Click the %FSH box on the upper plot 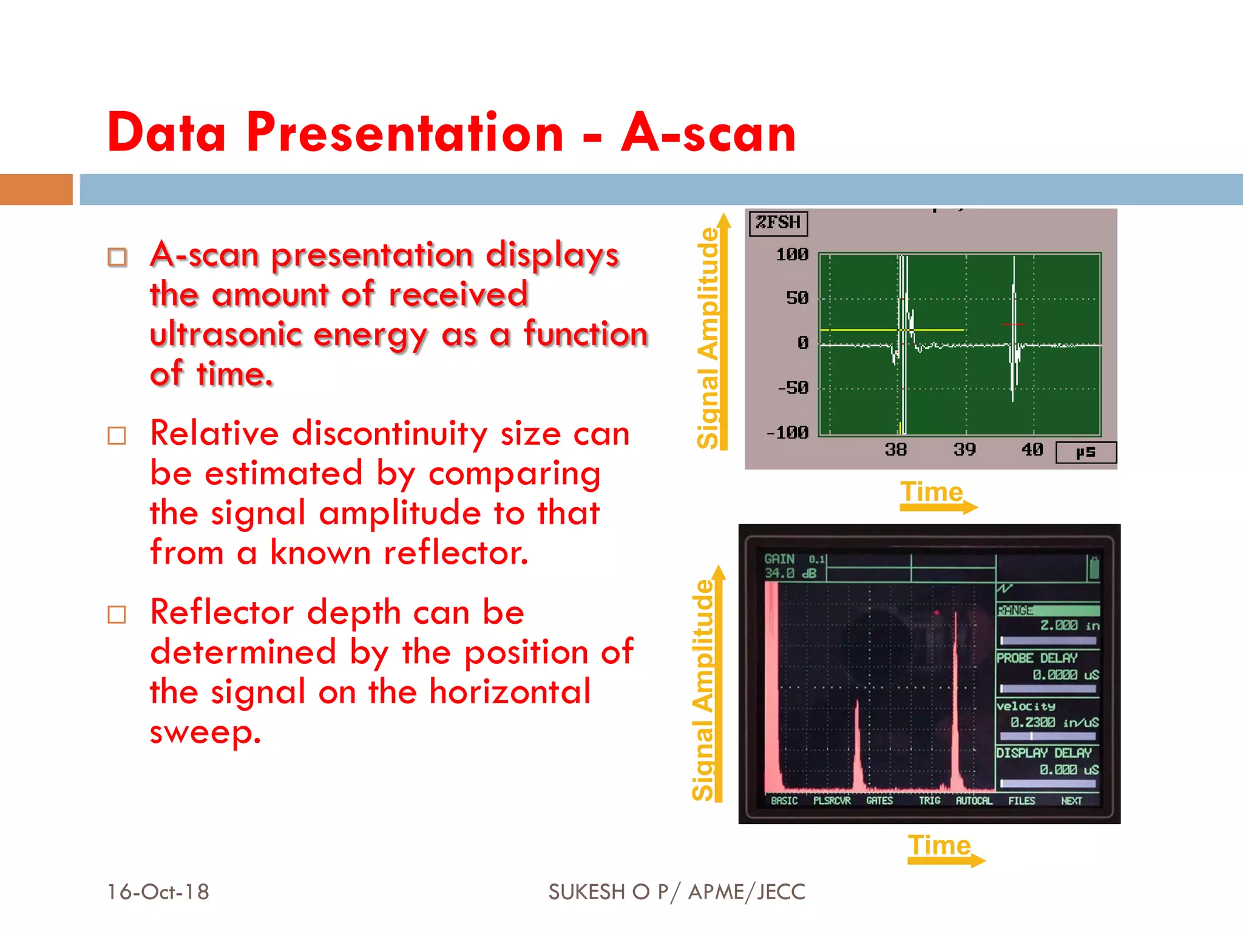(778, 223)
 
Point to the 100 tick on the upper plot (792, 255)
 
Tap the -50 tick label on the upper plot (793, 388)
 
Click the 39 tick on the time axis (964, 450)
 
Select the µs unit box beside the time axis (1086, 453)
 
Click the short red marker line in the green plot (1013, 325)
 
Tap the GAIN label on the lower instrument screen (779, 559)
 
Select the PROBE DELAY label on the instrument (1037, 658)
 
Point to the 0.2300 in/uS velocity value (1054, 723)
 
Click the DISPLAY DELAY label (1044, 753)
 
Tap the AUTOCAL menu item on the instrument (974, 801)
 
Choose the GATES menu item (879, 801)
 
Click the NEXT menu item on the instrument (1071, 801)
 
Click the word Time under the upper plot (932, 491)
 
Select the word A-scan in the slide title (708, 133)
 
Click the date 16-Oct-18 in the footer (158, 892)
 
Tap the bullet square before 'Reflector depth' (117, 615)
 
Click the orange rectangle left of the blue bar (36, 189)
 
